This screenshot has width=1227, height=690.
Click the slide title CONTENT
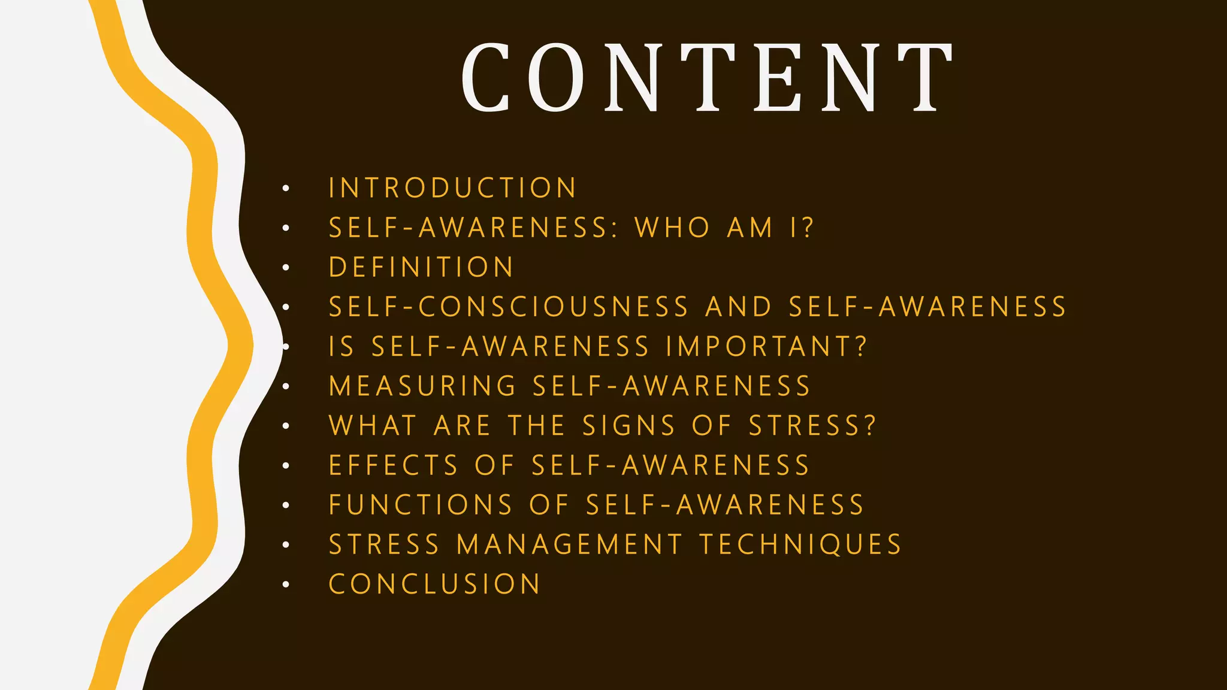tap(707, 78)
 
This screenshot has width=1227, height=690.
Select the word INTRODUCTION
tap(452, 188)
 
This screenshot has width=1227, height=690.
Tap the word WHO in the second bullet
tap(672, 228)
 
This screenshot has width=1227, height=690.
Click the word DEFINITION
tap(421, 267)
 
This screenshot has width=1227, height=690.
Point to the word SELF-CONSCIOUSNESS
tap(509, 307)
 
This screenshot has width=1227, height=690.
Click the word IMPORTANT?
tap(766, 346)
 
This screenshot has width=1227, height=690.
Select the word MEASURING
tap(422, 386)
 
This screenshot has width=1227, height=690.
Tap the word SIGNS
tap(628, 426)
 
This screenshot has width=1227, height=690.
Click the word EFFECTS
tap(393, 465)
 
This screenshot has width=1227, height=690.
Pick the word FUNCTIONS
tap(421, 505)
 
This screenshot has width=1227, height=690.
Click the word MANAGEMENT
tap(569, 544)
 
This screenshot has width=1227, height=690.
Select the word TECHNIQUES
tap(800, 544)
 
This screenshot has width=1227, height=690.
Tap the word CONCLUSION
tap(434, 584)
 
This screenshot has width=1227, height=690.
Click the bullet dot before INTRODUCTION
tap(286, 189)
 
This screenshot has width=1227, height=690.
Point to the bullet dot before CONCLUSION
tap(286, 585)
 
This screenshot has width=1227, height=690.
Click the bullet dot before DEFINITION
tap(286, 268)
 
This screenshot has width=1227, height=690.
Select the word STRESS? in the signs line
tap(812, 426)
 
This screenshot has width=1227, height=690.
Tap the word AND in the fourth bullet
tap(738, 307)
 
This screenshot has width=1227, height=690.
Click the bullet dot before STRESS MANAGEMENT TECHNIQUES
tap(286, 545)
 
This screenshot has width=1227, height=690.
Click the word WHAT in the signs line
tap(372, 426)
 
